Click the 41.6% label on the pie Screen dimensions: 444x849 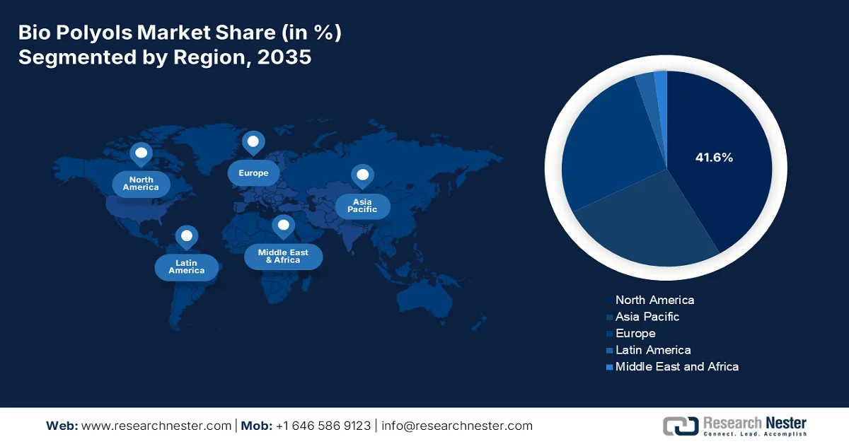click(714, 158)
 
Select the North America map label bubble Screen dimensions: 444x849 click(141, 184)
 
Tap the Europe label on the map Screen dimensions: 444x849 click(253, 173)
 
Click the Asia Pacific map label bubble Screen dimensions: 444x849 click(362, 206)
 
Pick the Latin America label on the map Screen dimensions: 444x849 click(187, 267)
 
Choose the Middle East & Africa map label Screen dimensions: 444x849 click(283, 256)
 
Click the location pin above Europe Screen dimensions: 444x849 click(253, 143)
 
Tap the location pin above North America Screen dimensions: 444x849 click(141, 153)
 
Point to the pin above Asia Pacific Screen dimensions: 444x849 click(363, 175)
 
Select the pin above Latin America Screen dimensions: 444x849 click(187, 236)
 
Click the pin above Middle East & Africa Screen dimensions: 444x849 click(284, 226)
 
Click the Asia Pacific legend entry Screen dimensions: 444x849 click(647, 317)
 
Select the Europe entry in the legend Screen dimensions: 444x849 click(635, 333)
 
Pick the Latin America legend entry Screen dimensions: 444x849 click(652, 350)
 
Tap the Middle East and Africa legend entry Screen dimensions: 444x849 click(676, 366)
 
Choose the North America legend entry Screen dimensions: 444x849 click(654, 300)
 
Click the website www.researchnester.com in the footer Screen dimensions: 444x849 click(156, 426)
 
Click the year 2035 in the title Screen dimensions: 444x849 click(284, 57)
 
